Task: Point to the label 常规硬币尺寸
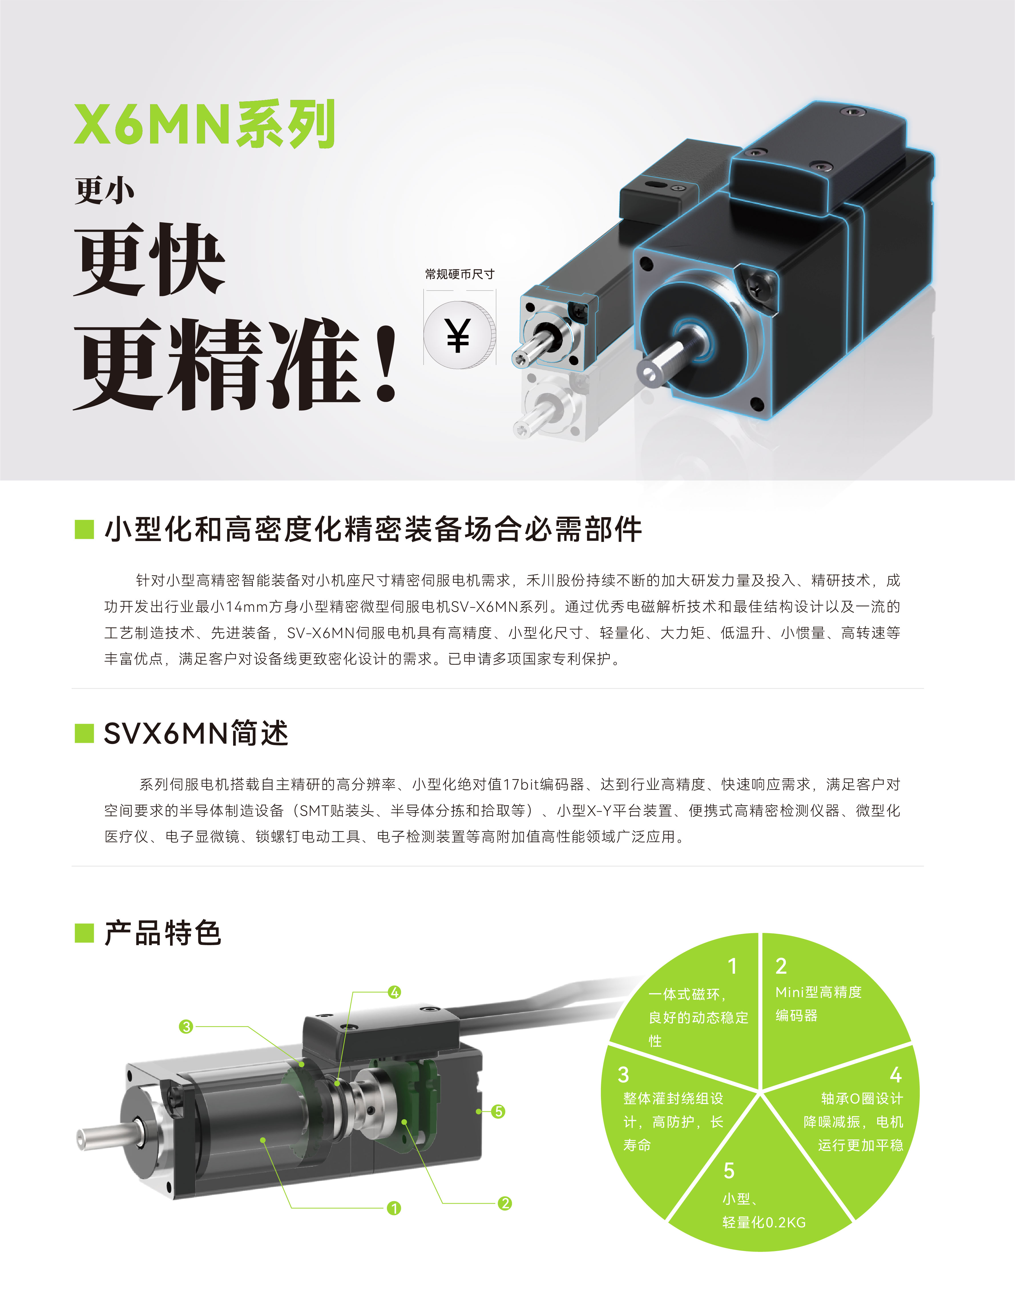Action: coord(459,275)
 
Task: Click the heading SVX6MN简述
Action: coord(196,733)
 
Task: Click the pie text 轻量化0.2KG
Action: coord(764,1223)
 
